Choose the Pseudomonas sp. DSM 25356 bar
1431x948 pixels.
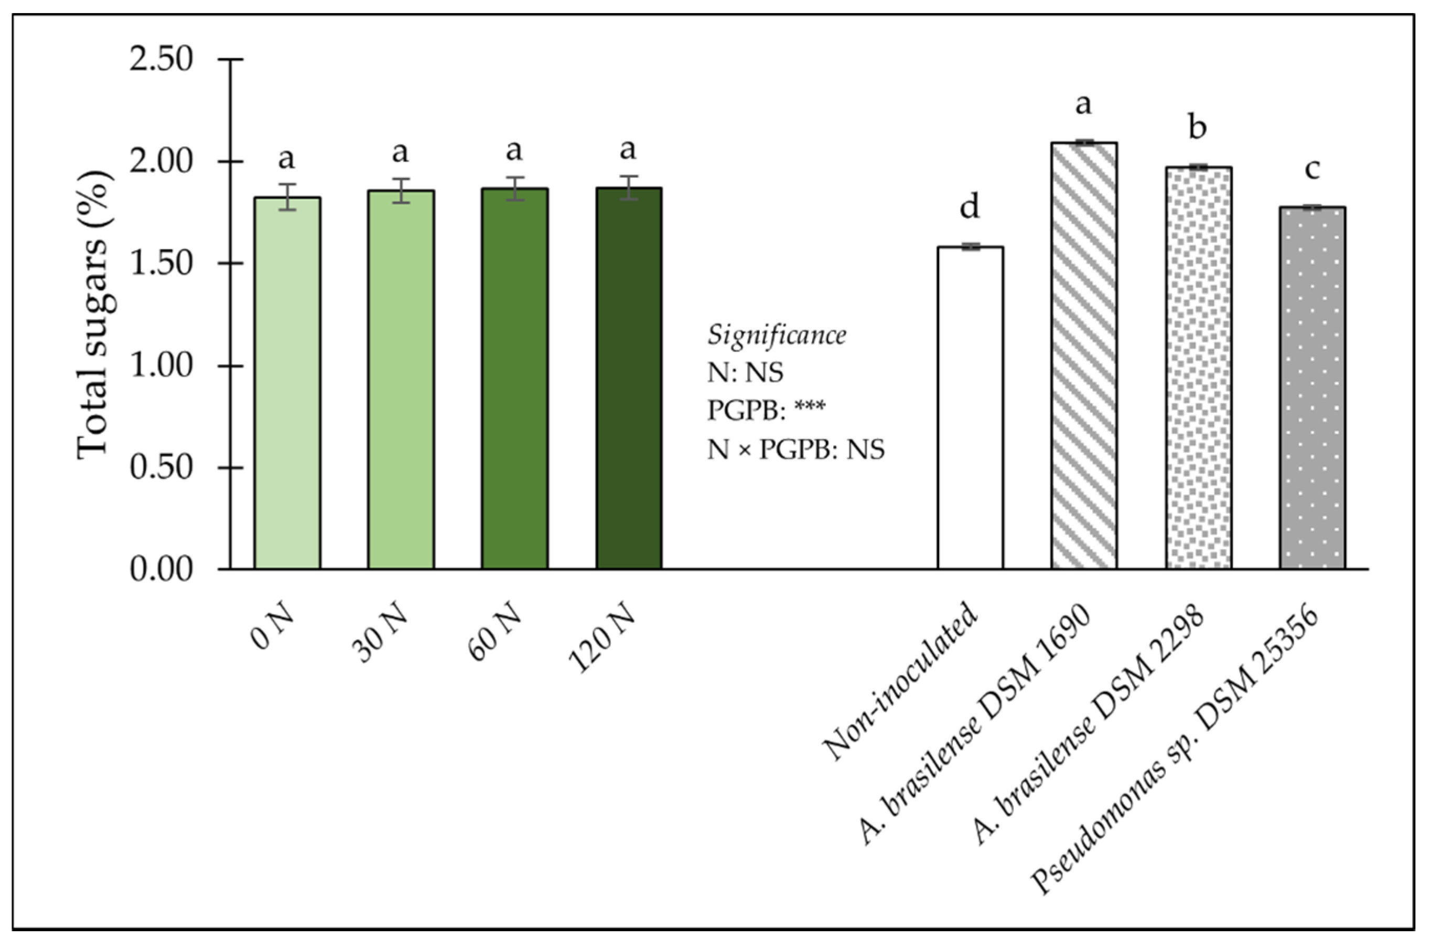click(x=1312, y=387)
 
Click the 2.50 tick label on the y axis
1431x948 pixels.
click(x=161, y=60)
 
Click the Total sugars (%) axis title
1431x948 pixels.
click(x=94, y=315)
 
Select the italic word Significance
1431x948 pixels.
click(x=777, y=336)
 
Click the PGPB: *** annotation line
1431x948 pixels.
click(x=766, y=411)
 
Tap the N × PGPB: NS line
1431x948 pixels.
click(x=795, y=449)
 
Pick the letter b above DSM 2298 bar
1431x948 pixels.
click(x=1198, y=127)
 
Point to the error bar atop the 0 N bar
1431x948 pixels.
click(x=287, y=197)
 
